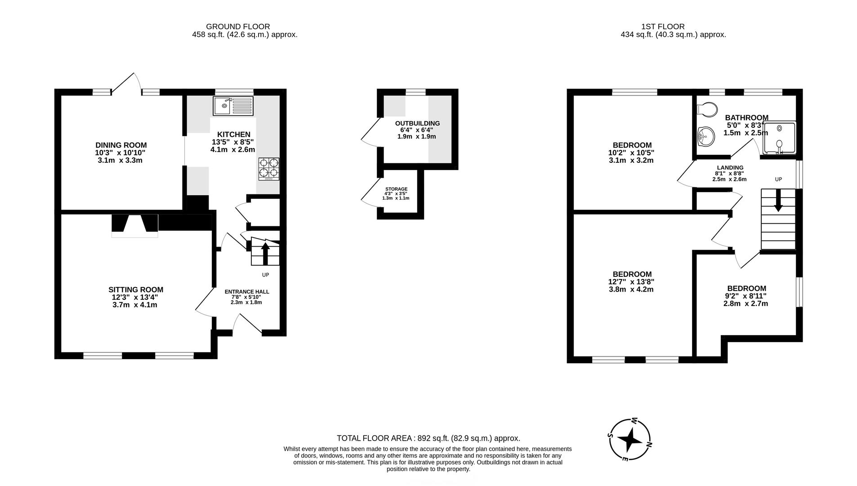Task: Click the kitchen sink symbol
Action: pos(233,106)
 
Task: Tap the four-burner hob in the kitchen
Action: pos(268,169)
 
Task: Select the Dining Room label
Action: pos(121,145)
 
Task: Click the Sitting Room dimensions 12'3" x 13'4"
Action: pos(135,297)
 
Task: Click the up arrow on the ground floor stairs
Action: pos(265,253)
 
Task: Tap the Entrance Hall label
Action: pos(247,292)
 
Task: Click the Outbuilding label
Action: pos(417,123)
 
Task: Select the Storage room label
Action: pos(396,189)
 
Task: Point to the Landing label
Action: pos(730,168)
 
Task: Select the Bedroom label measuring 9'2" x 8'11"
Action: pos(746,288)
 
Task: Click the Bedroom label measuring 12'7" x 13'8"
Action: pos(632,274)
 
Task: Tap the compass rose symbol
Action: pos(630,440)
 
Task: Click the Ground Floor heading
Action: pos(238,27)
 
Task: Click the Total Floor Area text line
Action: pos(428,438)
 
